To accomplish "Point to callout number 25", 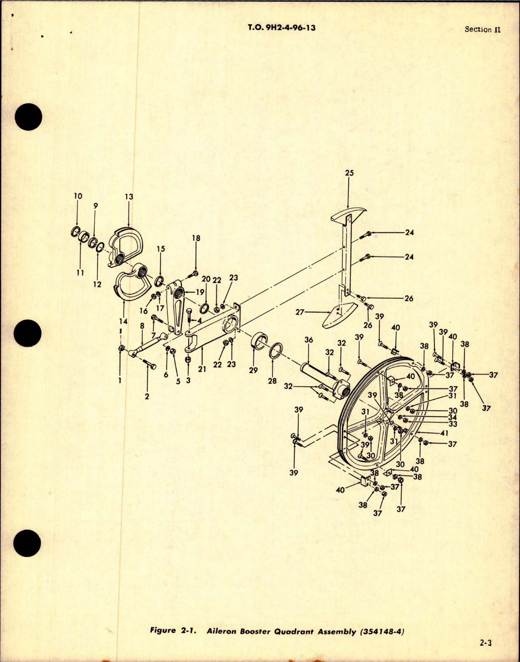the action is pyautogui.click(x=349, y=173).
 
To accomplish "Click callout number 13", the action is pyautogui.click(x=129, y=197).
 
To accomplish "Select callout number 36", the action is pyautogui.click(x=309, y=340).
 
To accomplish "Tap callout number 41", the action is pyautogui.click(x=453, y=432).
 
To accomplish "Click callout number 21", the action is pyautogui.click(x=202, y=369).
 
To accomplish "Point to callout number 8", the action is pyautogui.click(x=142, y=326).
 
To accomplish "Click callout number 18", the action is pyautogui.click(x=196, y=238).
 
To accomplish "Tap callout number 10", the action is pyautogui.click(x=78, y=196).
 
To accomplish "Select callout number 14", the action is pyautogui.click(x=123, y=321).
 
